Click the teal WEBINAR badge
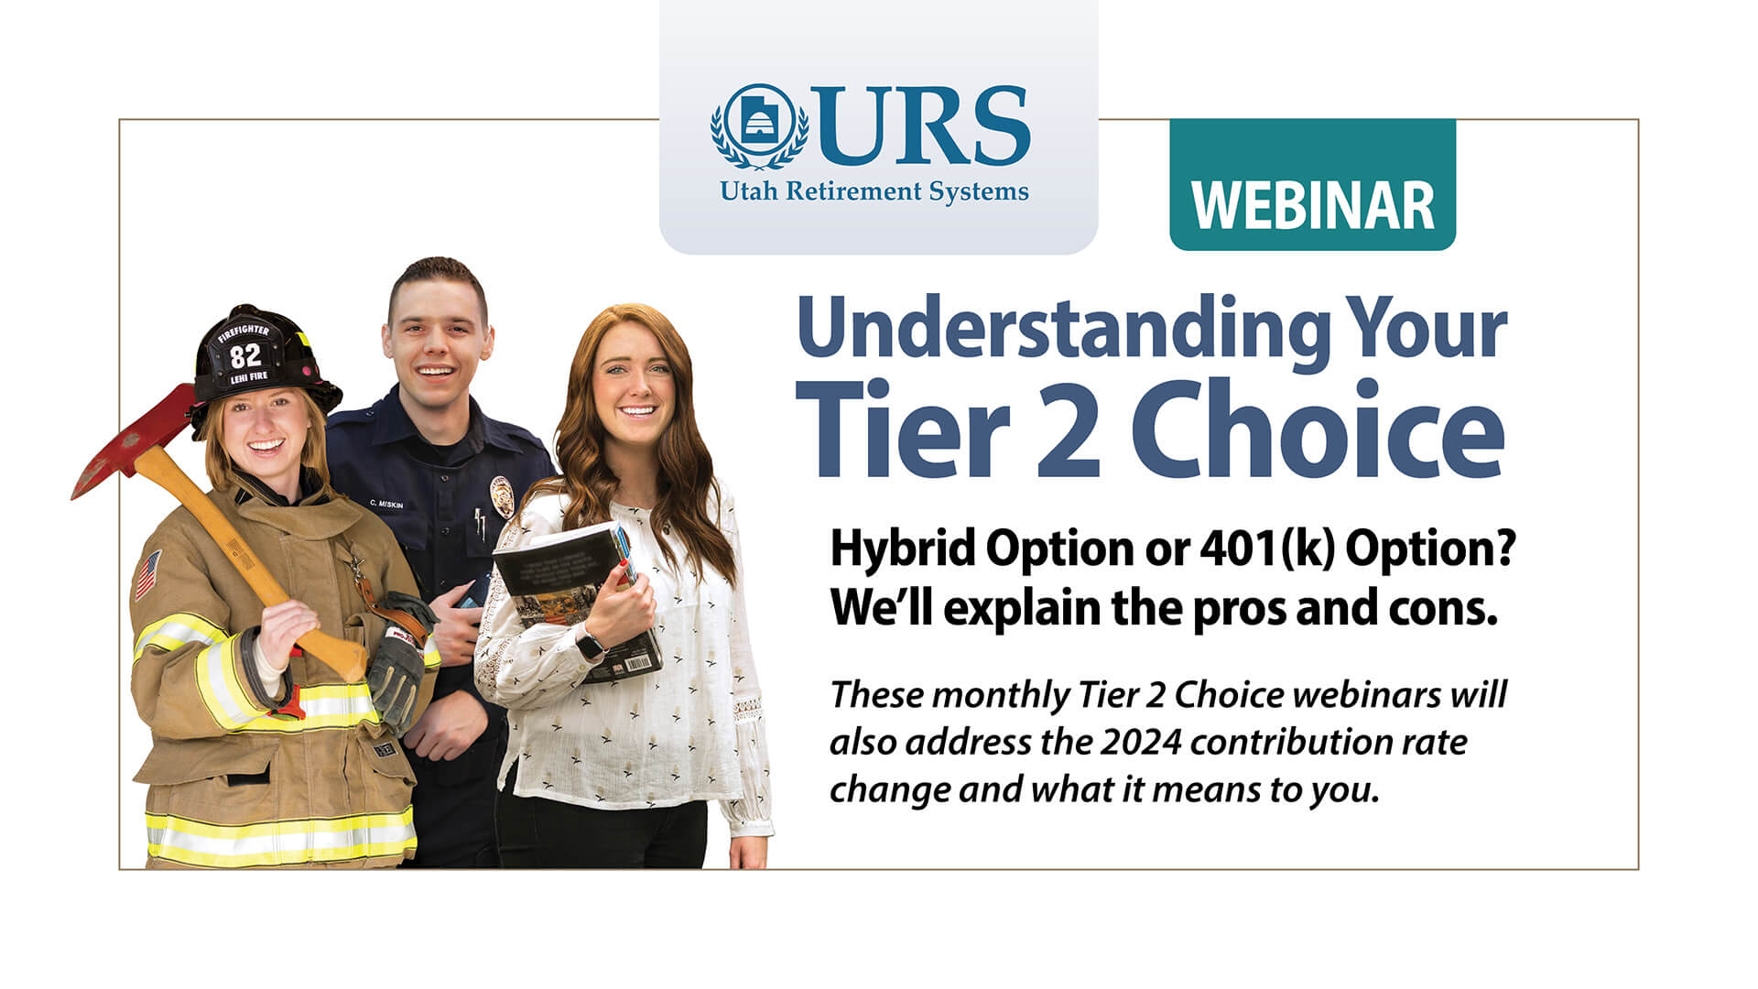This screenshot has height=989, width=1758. click(1312, 184)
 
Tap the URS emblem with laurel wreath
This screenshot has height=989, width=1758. click(759, 126)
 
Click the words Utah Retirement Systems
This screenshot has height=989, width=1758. click(874, 191)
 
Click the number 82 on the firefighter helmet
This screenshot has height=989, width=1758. click(245, 355)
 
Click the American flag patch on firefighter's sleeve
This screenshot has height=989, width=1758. click(148, 573)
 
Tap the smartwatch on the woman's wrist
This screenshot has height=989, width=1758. click(591, 645)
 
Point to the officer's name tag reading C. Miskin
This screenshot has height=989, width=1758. click(387, 504)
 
